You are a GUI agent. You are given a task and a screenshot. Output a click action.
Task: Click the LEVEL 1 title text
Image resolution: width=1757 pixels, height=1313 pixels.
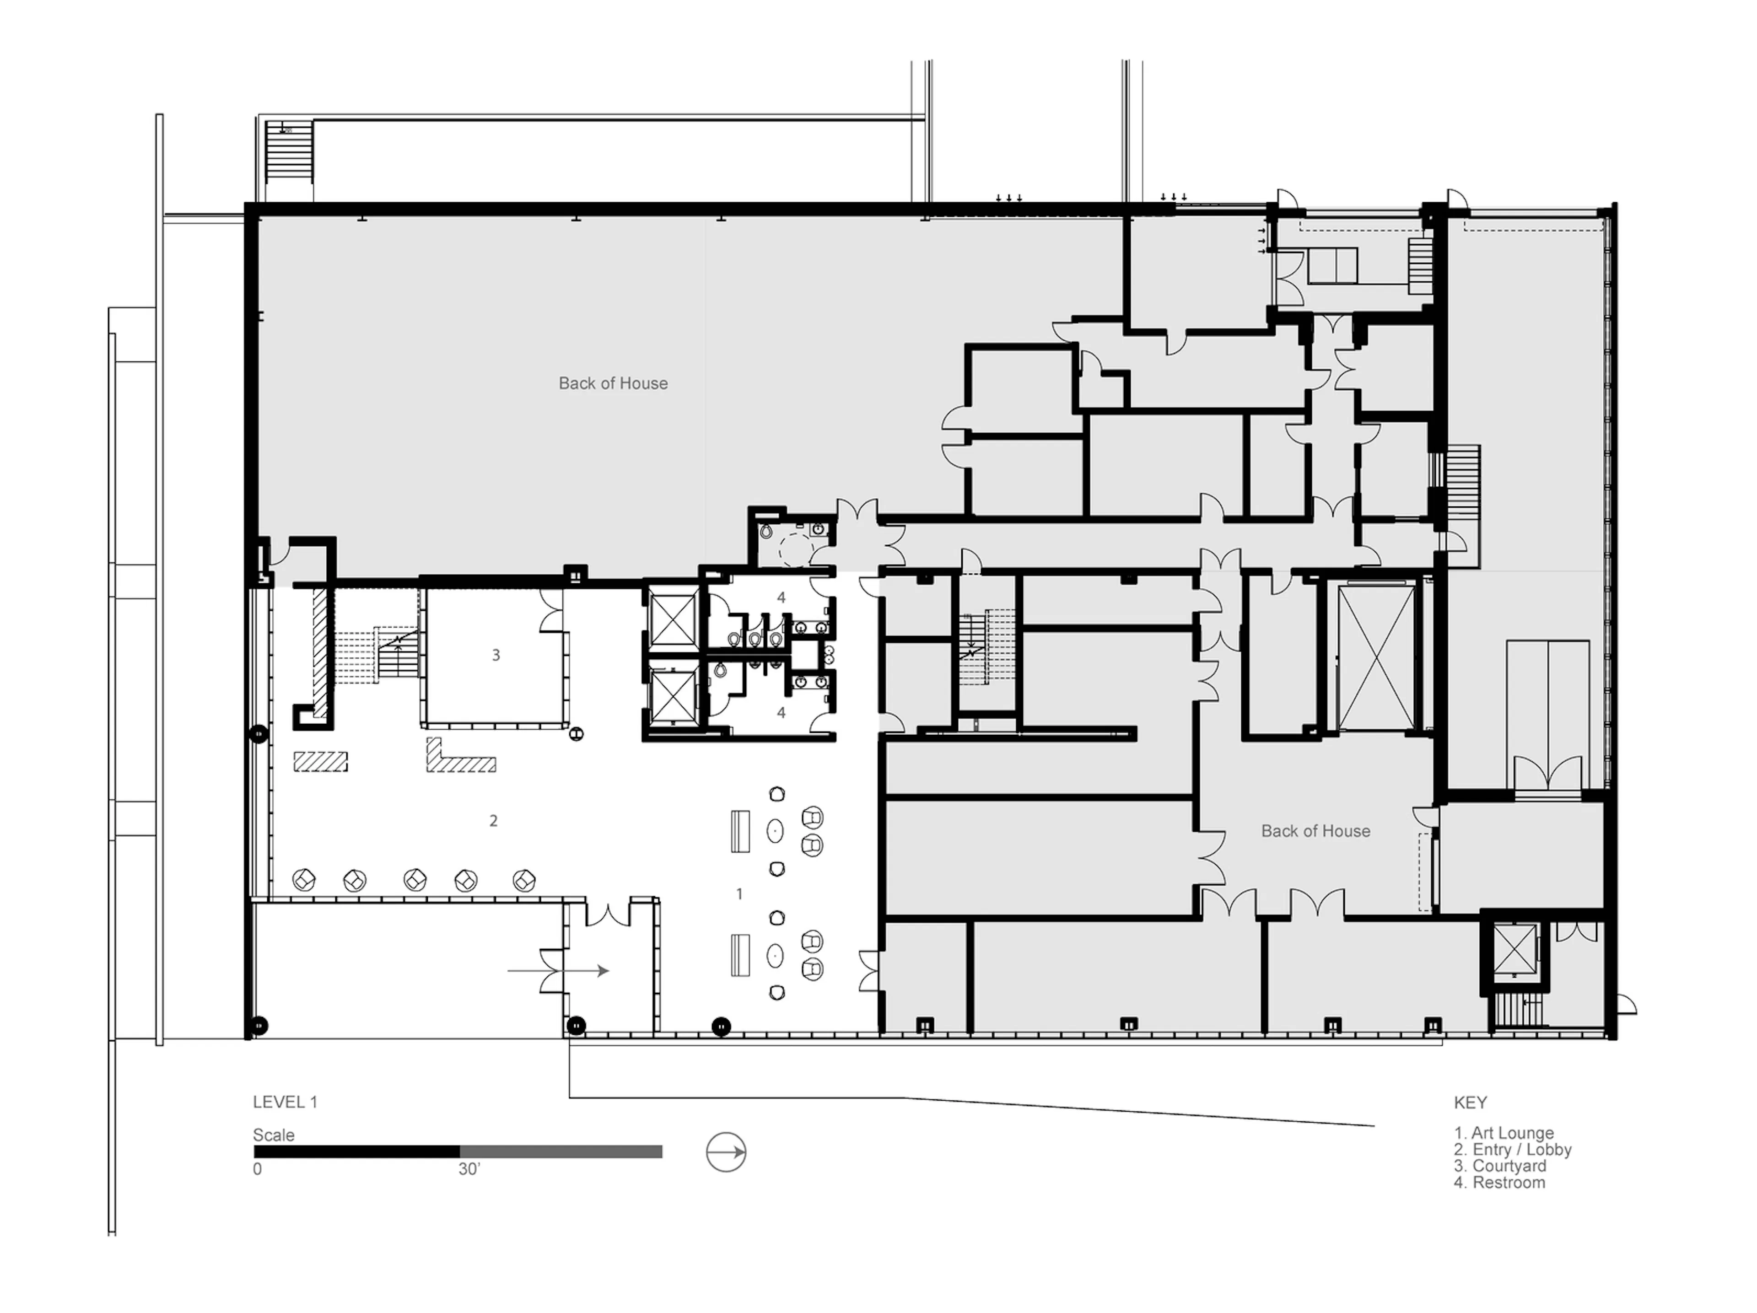[x=284, y=1102]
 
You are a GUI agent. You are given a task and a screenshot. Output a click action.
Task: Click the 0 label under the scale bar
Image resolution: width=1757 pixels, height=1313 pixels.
[x=257, y=1169]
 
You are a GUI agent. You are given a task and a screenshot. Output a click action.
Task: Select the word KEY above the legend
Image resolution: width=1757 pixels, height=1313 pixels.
[x=1470, y=1103]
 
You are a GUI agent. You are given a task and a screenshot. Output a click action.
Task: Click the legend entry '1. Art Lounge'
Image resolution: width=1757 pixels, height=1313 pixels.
[x=1504, y=1133]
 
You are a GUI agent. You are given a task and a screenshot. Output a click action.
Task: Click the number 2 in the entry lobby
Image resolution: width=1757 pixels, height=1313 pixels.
[x=493, y=821]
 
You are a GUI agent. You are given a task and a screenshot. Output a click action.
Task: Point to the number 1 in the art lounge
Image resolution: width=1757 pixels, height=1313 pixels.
[x=739, y=893]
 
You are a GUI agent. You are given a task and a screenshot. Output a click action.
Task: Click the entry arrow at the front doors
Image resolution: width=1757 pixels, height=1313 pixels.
[x=558, y=971]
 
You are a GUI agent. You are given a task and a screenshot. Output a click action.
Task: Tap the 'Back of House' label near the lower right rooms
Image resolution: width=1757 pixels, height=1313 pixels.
[x=1315, y=831]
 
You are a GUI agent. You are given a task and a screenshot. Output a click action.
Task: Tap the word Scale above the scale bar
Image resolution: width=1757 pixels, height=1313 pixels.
[x=273, y=1135]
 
